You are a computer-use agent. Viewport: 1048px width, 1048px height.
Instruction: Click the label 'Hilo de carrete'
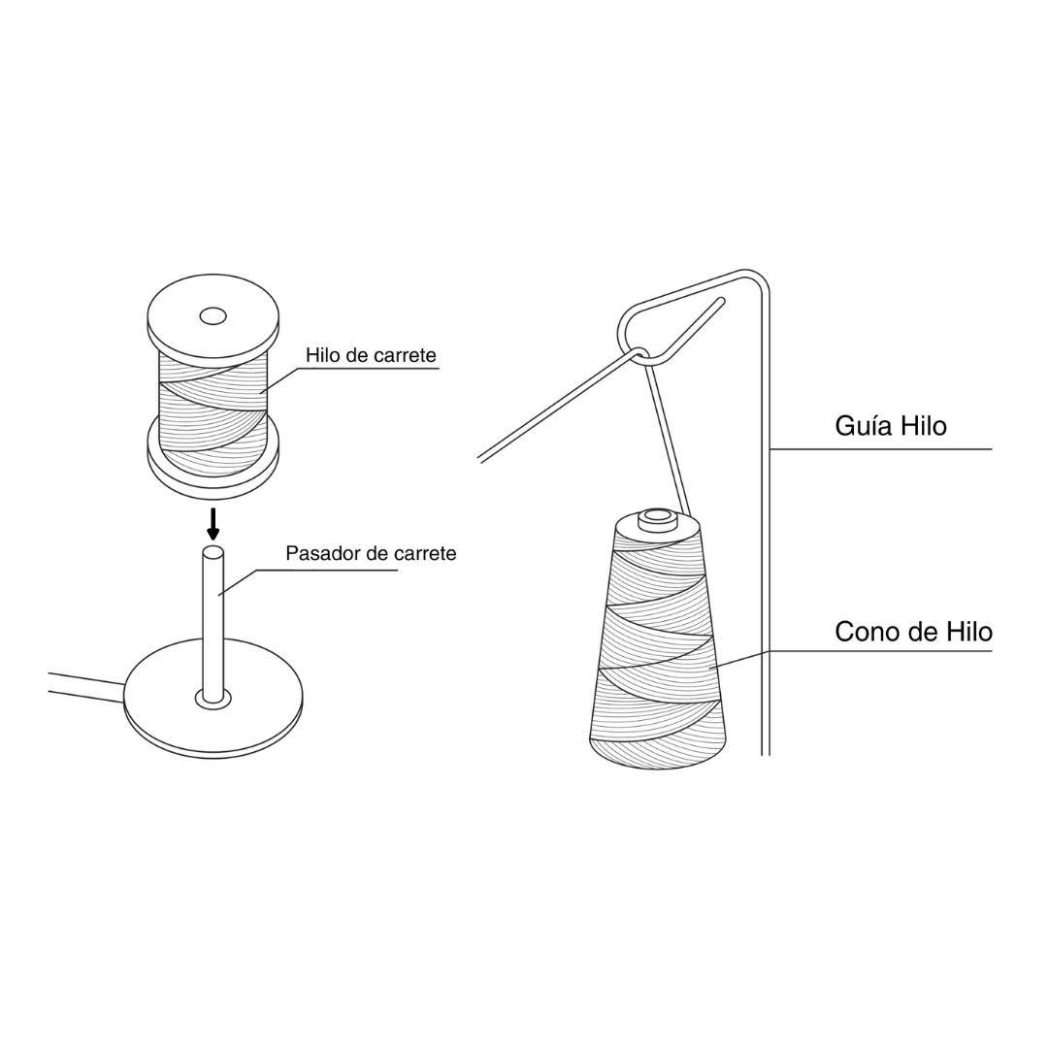click(x=371, y=355)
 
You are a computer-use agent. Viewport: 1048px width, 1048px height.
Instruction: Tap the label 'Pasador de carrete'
click(x=371, y=553)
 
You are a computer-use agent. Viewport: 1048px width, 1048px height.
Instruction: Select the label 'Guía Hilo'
click(x=891, y=426)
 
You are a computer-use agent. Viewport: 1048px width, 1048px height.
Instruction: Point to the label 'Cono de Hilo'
click(x=914, y=632)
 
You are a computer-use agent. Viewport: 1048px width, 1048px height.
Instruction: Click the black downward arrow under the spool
click(x=213, y=524)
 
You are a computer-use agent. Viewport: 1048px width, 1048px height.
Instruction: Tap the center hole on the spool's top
click(x=213, y=315)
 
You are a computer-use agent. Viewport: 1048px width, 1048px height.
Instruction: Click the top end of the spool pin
click(x=213, y=552)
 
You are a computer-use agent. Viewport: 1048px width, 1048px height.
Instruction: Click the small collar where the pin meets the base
click(x=213, y=699)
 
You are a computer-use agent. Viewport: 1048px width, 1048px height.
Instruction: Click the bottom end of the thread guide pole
click(x=766, y=754)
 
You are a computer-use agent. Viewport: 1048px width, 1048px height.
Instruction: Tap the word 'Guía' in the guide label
click(x=863, y=426)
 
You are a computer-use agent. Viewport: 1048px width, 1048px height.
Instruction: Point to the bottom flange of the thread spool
click(x=213, y=461)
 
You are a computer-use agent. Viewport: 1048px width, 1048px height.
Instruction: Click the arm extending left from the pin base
click(x=85, y=686)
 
